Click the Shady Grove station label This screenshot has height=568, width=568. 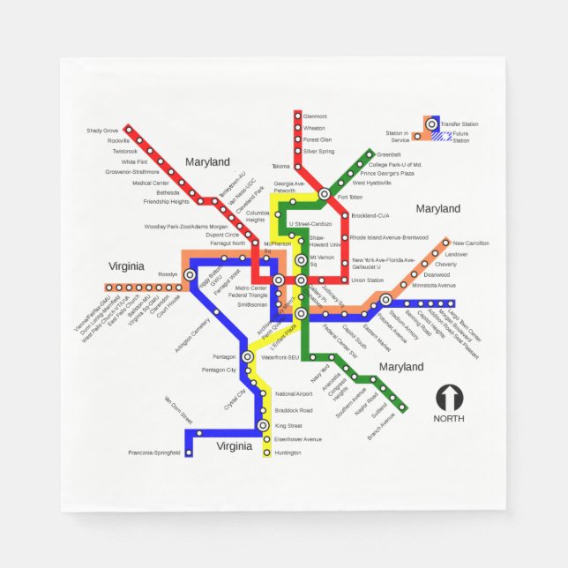pyautogui.click(x=101, y=131)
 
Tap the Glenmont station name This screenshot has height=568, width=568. pyautogui.click(x=315, y=116)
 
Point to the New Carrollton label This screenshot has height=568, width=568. pyautogui.click(x=470, y=243)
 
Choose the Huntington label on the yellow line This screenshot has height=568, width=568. pyautogui.click(x=288, y=452)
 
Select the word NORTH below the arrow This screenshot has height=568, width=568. pyautogui.click(x=448, y=418)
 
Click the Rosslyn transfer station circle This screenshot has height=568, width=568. pyautogui.click(x=190, y=274)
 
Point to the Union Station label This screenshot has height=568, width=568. pyautogui.click(x=367, y=280)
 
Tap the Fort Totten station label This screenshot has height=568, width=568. pyautogui.click(x=350, y=197)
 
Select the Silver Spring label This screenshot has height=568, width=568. pyautogui.click(x=318, y=151)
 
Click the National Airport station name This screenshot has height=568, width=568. pyautogui.click(x=294, y=393)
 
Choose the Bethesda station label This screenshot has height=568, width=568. pyautogui.click(x=167, y=192)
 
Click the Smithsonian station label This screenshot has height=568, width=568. pyautogui.click(x=252, y=304)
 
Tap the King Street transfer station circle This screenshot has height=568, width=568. pyautogui.click(x=263, y=425)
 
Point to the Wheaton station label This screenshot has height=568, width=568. pyautogui.click(x=314, y=128)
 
